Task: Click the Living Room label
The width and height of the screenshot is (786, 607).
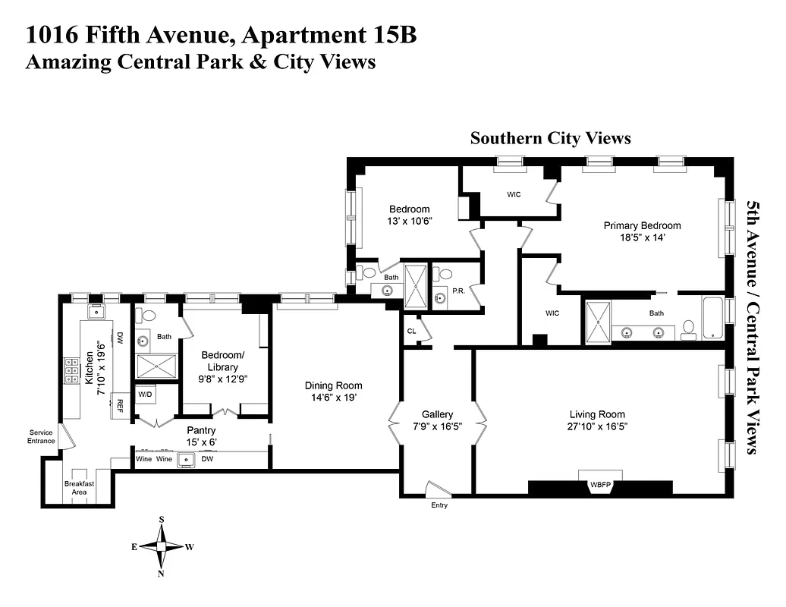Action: [597, 414]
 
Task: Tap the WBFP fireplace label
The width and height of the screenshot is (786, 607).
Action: [600, 485]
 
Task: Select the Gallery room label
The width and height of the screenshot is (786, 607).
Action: [437, 414]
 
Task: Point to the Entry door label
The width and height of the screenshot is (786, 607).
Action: [439, 505]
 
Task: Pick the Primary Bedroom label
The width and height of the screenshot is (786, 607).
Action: [642, 225]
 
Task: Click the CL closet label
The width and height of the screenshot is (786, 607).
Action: [411, 332]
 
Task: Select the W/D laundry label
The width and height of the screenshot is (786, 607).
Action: [145, 395]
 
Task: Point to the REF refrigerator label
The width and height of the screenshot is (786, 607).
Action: [119, 404]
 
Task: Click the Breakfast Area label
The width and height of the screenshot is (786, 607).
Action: [79, 488]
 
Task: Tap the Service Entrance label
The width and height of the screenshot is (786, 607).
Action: [42, 437]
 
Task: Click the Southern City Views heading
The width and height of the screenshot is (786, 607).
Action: [550, 138]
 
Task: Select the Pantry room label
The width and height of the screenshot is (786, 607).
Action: [202, 430]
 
